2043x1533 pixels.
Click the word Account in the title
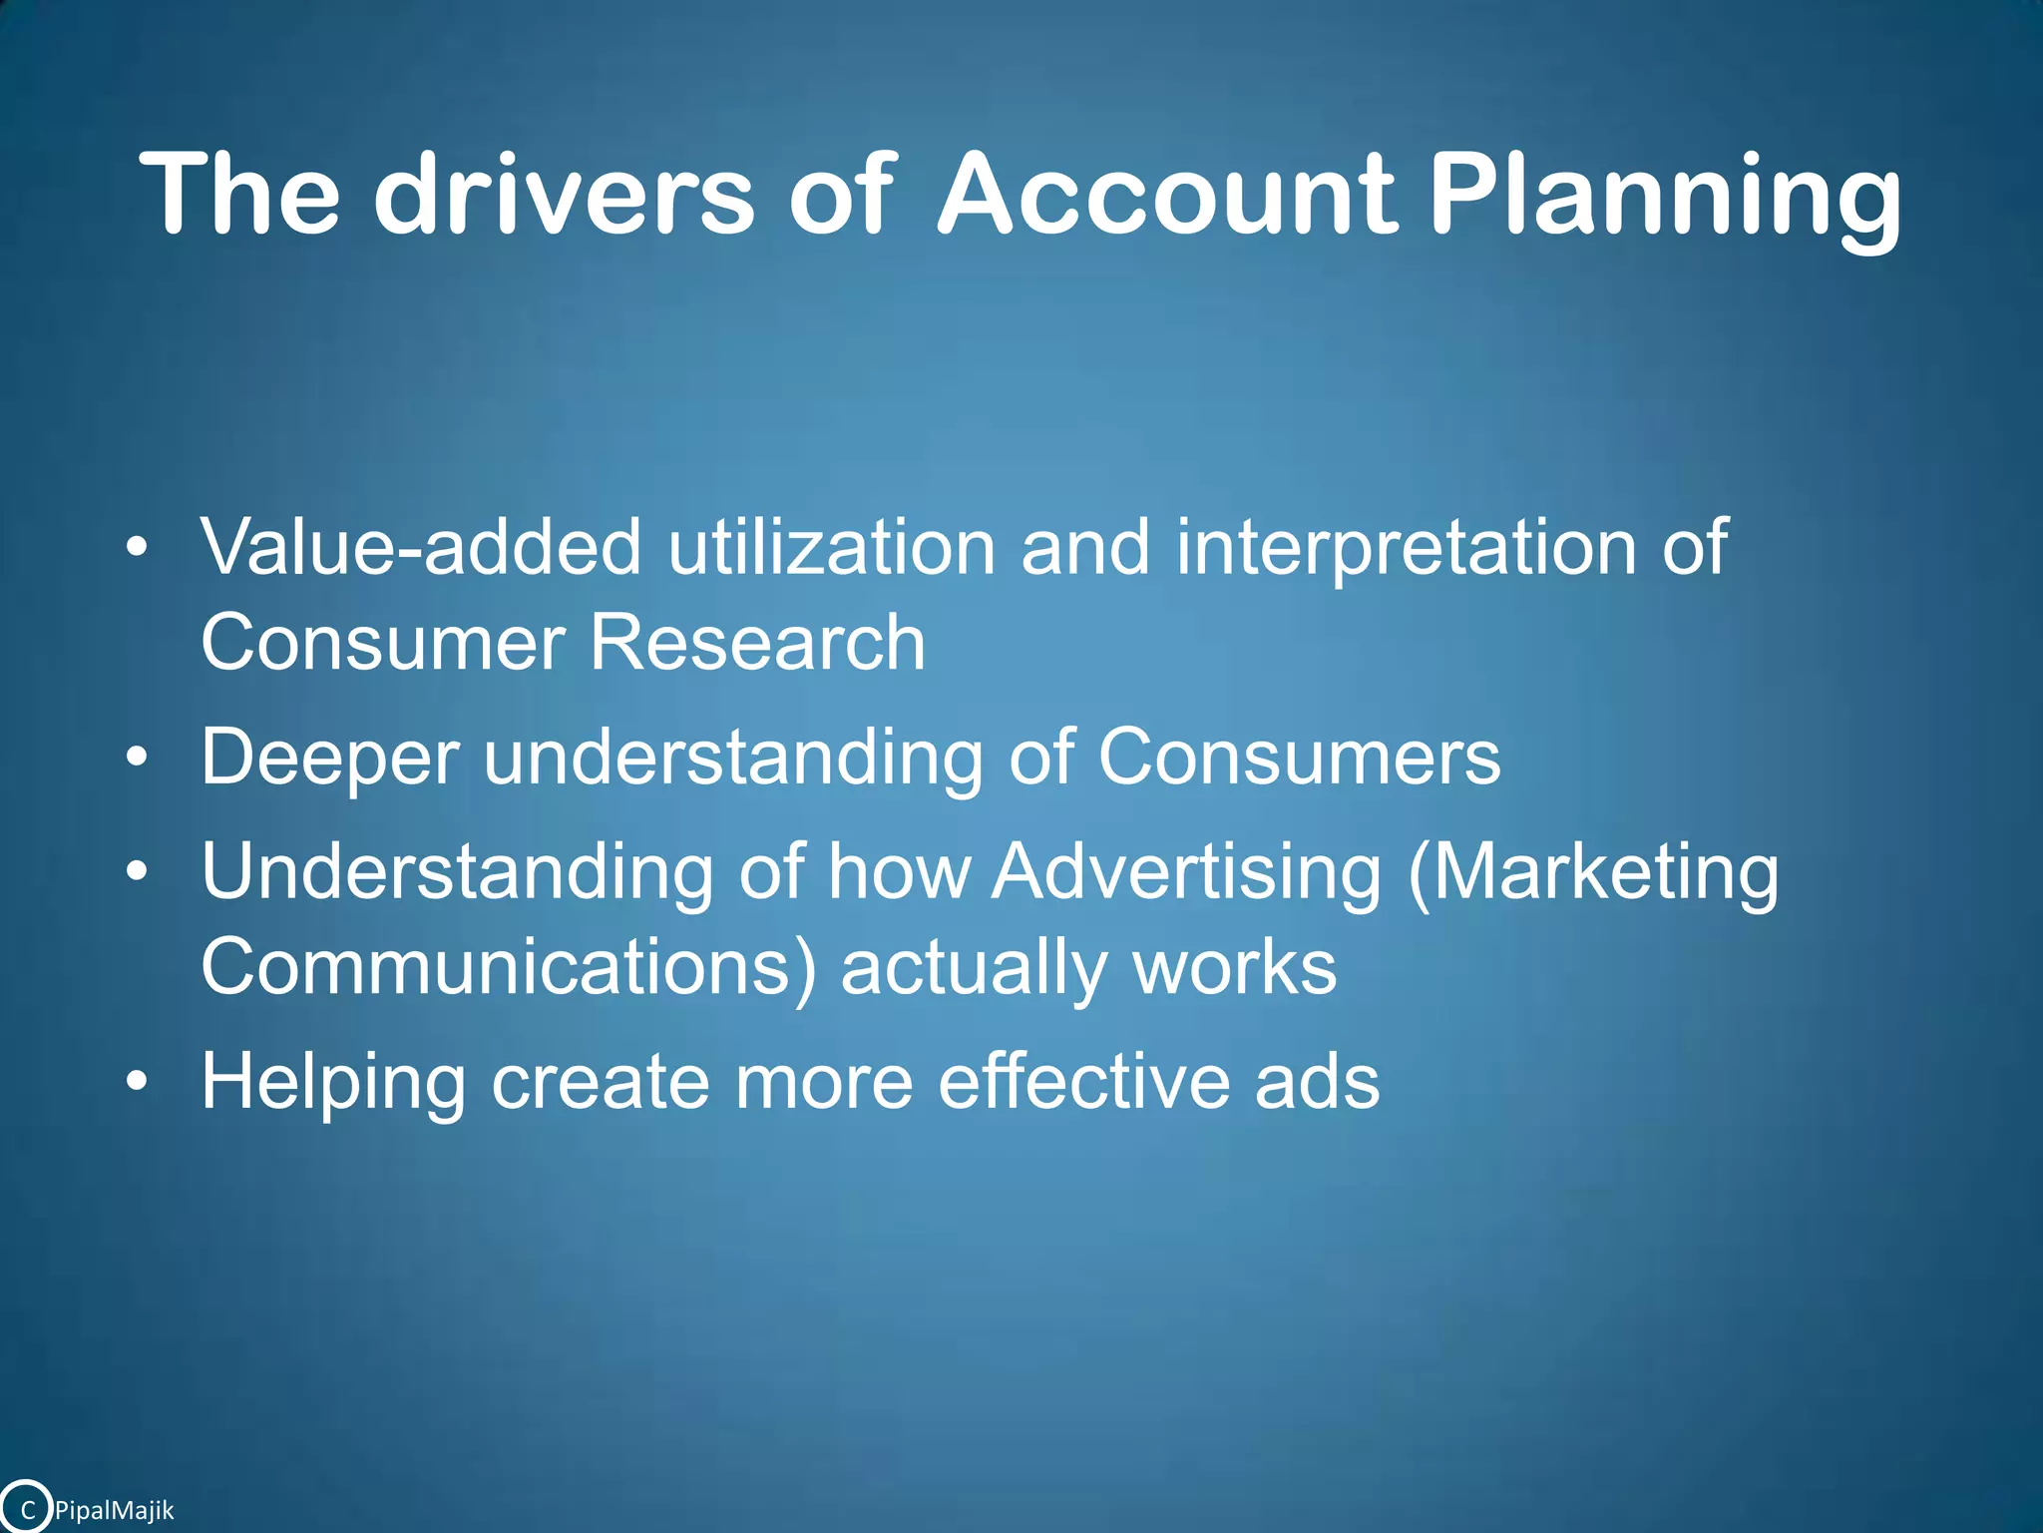1165,195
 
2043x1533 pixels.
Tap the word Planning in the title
1664,195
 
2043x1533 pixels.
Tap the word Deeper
330,758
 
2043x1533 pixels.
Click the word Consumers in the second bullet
1299,758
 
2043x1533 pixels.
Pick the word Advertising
1186,872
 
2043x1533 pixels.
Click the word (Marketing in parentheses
1593,872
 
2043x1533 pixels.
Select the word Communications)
508,967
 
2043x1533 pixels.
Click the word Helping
333,1082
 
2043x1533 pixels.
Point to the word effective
1082,1082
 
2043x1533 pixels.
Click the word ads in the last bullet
1317,1082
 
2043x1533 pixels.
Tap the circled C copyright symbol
26,1508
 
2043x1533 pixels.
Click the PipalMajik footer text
114,1510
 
